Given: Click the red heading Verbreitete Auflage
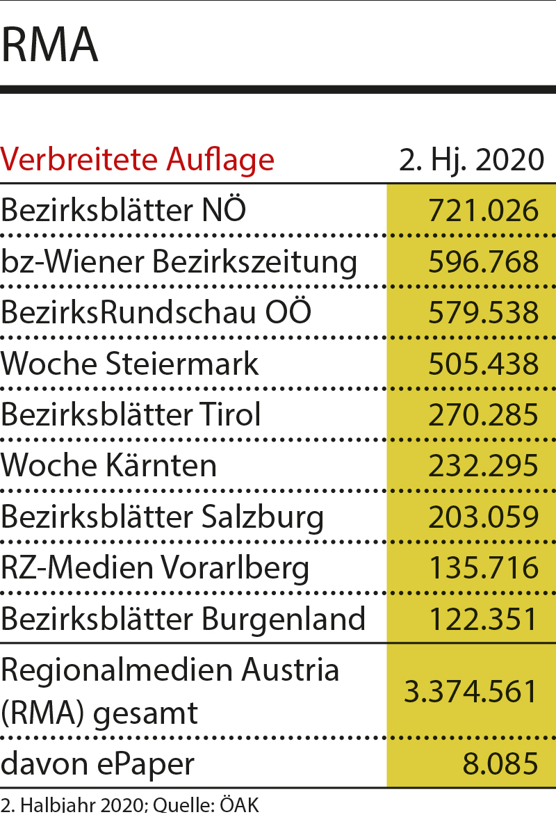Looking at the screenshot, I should click(x=138, y=159).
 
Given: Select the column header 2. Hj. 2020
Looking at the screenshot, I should click(x=471, y=159).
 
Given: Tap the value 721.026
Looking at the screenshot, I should click(x=483, y=210).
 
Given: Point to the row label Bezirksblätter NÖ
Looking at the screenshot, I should click(x=124, y=210).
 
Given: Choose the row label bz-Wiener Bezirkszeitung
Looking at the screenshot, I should click(x=179, y=261).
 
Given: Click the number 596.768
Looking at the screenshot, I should click(x=483, y=261).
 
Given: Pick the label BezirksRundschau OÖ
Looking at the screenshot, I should click(x=156, y=312).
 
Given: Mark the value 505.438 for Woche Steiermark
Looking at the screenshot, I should click(x=483, y=364).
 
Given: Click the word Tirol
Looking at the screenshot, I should click(x=228, y=414).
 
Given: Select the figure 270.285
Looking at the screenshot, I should click(x=483, y=414).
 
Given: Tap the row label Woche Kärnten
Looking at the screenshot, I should click(x=109, y=465).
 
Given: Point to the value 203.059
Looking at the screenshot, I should click(x=483, y=517).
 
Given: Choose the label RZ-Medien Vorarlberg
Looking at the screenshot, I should click(x=155, y=567).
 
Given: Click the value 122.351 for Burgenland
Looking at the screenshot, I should click(x=483, y=619).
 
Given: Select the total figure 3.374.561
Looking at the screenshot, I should click(x=471, y=691).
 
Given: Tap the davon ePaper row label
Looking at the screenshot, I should click(x=97, y=763).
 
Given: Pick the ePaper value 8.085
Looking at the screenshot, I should click(x=500, y=763).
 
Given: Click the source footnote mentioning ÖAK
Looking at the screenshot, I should click(x=129, y=807).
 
